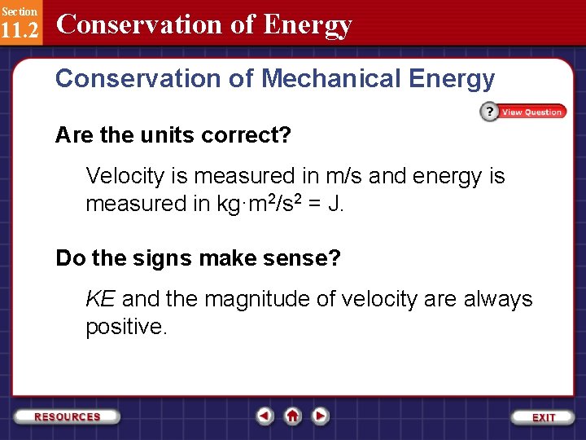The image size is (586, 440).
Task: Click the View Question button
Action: point(531,112)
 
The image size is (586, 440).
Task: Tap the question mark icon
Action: point(488,112)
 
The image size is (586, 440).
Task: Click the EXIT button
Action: point(544,417)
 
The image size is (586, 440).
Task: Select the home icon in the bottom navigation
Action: point(293,416)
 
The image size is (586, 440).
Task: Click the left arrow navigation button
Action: point(265,416)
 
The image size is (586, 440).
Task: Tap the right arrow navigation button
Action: point(321,416)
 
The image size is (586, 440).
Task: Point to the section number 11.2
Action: point(20,29)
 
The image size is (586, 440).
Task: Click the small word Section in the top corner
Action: point(19,11)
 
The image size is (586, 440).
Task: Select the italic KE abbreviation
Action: point(100,299)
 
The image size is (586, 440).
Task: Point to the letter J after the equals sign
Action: point(335,204)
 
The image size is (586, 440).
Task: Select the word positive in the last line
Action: point(124,327)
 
